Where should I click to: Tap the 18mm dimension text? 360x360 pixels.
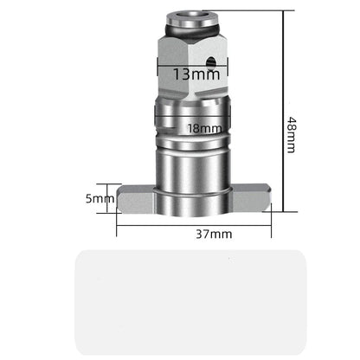tap(204, 128)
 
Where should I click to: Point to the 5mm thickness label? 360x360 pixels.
tap(100, 199)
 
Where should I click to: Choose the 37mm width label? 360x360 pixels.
tap(213, 235)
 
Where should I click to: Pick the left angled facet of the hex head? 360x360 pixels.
tap(164, 65)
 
